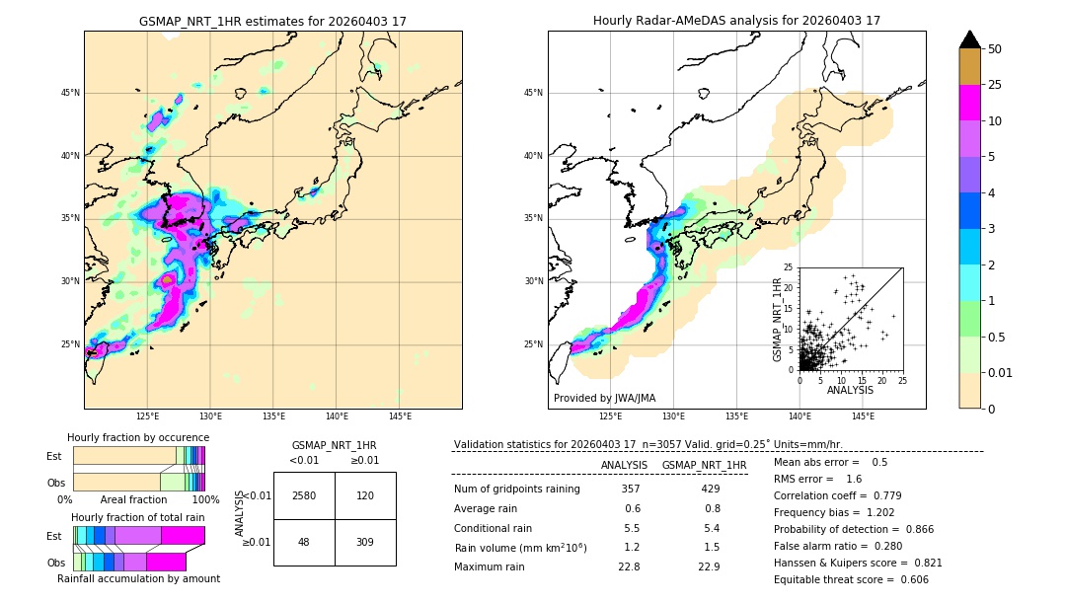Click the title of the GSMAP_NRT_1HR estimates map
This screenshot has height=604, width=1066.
click(272, 21)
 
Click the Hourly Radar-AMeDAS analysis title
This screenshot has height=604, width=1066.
click(736, 21)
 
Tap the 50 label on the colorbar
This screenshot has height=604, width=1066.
click(995, 49)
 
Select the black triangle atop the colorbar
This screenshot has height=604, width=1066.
click(970, 39)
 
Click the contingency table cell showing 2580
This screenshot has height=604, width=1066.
click(304, 495)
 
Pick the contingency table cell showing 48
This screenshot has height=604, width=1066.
click(304, 542)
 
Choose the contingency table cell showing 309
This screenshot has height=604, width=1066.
click(365, 542)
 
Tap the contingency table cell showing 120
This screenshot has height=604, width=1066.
click(365, 495)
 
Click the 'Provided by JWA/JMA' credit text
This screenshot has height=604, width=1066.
click(604, 399)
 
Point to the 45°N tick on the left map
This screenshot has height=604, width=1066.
click(70, 93)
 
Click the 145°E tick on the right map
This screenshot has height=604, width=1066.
click(863, 416)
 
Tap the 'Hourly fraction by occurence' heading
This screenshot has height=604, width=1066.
click(138, 437)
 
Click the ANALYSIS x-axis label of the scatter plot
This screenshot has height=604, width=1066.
click(850, 390)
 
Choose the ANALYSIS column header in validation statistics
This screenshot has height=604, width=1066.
click(624, 465)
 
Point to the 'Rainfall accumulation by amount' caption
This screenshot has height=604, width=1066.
click(138, 579)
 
